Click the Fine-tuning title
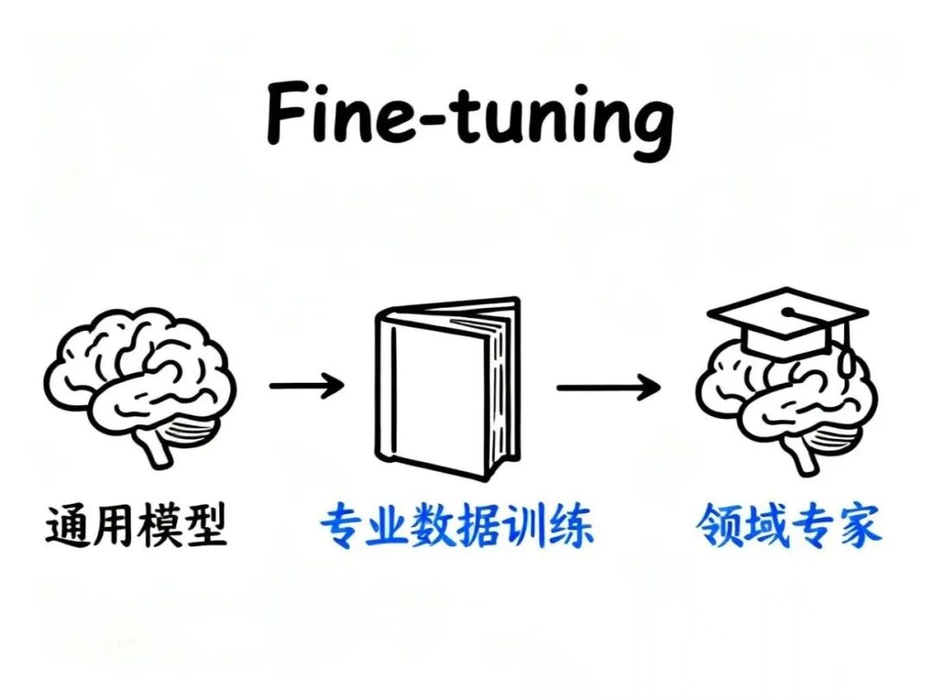click(x=469, y=118)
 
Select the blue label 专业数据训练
click(x=457, y=525)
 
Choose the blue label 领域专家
click(x=789, y=525)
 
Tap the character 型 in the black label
click(x=205, y=525)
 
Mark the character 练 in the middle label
click(x=572, y=525)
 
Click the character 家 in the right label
click(x=859, y=525)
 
